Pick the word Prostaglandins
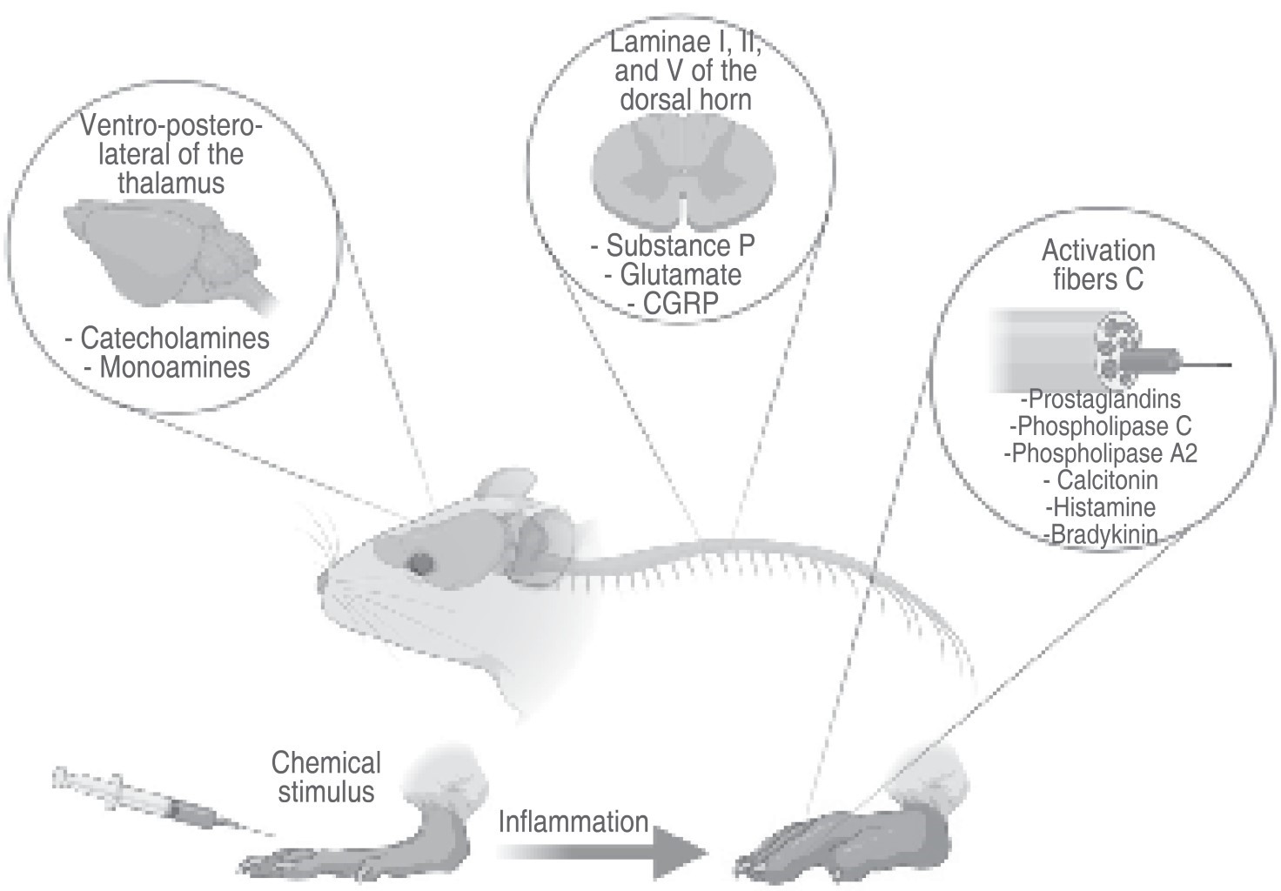(x=1101, y=399)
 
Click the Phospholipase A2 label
(x=1100, y=453)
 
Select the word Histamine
(x=1102, y=506)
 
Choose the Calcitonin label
(x=1100, y=480)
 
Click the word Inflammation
(x=573, y=821)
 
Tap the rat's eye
(x=422, y=564)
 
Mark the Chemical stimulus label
(x=326, y=777)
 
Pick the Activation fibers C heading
(x=1098, y=265)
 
